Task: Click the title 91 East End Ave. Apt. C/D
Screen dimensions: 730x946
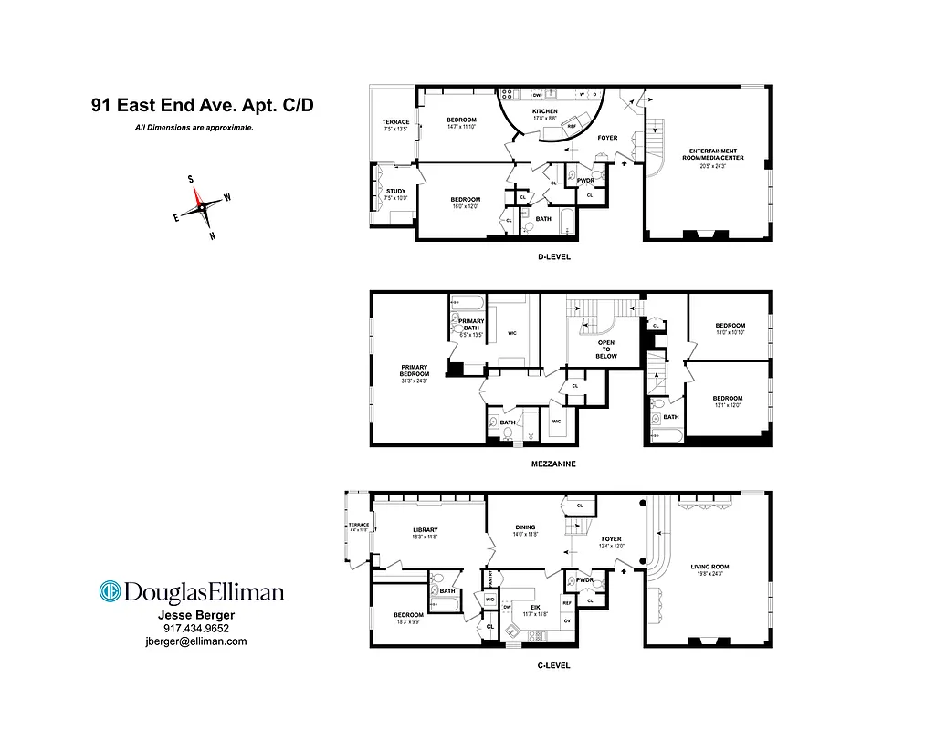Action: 202,105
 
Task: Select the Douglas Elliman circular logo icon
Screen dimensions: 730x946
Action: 110,591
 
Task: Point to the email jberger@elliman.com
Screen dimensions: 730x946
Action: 196,641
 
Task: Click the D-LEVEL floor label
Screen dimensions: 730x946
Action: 553,256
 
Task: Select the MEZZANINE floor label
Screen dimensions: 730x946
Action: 553,463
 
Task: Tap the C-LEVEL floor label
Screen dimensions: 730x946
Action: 553,665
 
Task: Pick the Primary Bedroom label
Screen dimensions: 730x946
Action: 414,370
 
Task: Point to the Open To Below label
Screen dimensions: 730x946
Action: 605,349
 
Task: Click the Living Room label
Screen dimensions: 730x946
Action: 709,567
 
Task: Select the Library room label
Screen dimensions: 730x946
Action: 425,530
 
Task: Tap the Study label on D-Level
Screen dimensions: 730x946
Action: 395,191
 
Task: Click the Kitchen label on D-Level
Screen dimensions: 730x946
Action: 544,111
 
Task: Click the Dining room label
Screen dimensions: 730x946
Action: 524,527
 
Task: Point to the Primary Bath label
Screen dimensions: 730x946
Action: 471,324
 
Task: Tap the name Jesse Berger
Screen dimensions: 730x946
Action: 196,615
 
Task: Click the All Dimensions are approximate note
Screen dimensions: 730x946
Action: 194,128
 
